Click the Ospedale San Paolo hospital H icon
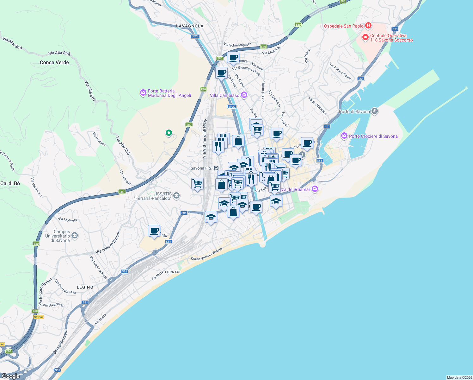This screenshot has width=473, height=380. click(368, 25)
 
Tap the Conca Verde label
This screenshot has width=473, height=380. click(54, 62)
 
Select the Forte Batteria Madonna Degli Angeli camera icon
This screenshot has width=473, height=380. click(143, 93)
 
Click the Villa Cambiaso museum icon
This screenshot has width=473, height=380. click(244, 95)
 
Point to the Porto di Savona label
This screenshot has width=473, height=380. click(354, 111)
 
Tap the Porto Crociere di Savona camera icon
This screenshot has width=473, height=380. click(344, 136)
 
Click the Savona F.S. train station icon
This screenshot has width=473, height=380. click(216, 168)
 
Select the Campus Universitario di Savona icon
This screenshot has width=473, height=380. click(74, 235)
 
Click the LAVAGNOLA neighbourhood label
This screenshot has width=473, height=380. click(190, 26)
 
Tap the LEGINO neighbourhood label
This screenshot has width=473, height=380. click(85, 287)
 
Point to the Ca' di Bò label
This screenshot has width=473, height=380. click(10, 183)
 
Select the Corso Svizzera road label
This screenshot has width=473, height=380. click(60, 342)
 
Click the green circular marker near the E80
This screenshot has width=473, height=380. click(169, 133)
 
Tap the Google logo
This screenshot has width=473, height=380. click(11, 376)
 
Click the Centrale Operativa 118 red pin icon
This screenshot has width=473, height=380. click(365, 37)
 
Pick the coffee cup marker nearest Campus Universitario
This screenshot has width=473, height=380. click(154, 231)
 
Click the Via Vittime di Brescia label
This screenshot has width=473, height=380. click(205, 138)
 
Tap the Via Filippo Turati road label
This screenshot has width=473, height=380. click(340, 71)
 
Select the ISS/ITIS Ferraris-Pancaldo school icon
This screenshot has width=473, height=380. click(176, 196)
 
